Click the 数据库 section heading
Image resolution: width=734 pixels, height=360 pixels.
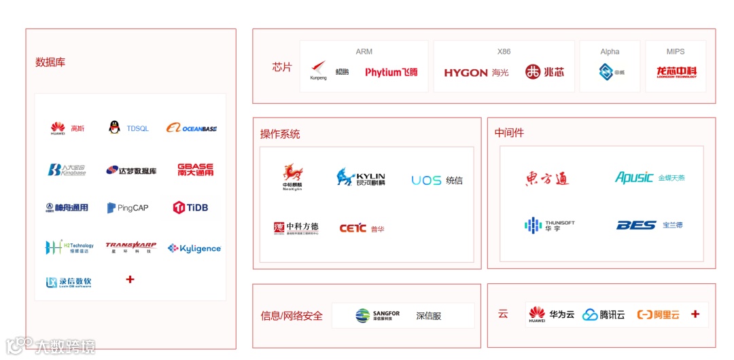50,62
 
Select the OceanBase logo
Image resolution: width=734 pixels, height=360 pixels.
192,128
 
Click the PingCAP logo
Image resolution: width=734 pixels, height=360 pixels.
128,208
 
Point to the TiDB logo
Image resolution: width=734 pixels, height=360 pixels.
190,208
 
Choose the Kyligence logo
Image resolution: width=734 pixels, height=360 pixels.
194,249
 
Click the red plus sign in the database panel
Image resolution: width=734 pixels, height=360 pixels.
130,279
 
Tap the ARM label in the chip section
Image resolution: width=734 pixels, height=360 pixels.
364,52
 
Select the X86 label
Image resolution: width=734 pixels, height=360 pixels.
504,52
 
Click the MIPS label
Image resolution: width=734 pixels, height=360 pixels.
676,52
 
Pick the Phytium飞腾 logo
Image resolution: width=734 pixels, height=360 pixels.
391,72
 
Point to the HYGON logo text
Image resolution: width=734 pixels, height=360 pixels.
466,73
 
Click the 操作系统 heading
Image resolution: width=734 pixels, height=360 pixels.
280,134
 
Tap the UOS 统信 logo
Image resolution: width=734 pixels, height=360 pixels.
437,180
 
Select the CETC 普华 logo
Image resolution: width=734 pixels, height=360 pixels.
362,229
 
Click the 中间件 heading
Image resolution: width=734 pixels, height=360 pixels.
509,133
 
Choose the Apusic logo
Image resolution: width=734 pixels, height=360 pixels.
634,177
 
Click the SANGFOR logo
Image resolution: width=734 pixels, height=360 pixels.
378,316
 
